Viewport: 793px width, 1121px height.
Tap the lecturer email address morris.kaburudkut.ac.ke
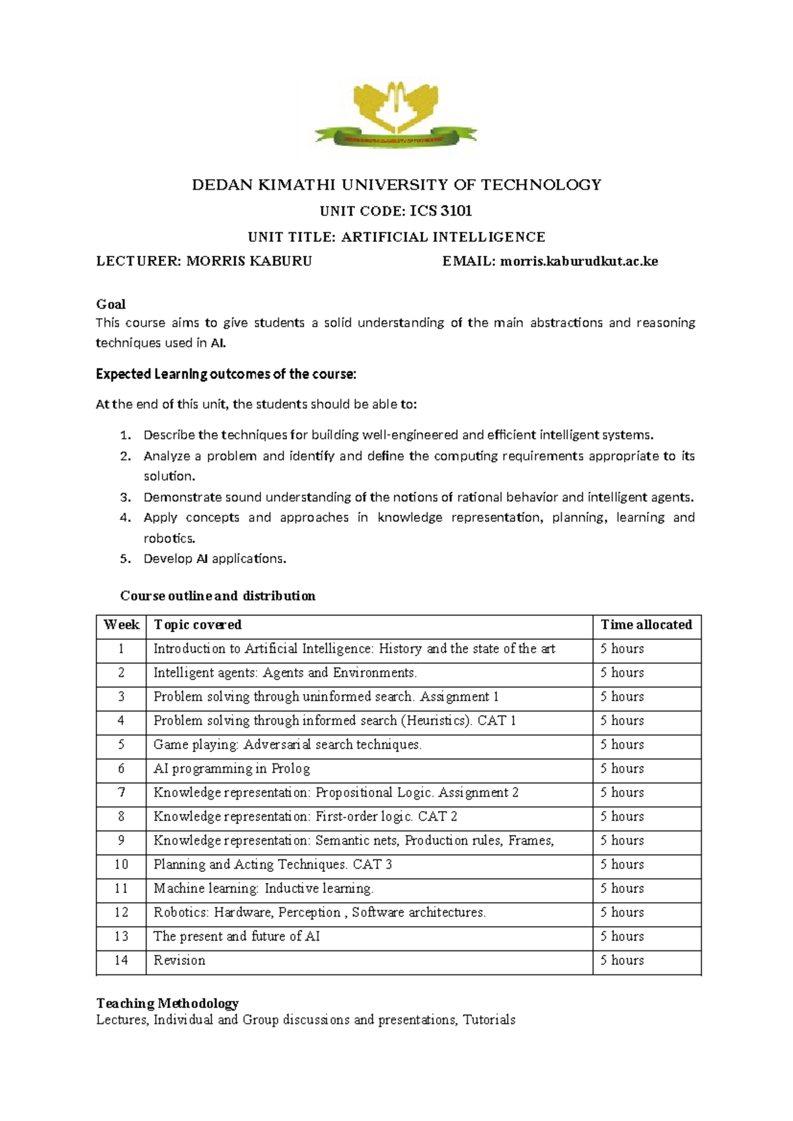tap(579, 261)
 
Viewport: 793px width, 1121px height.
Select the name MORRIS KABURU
tap(249, 261)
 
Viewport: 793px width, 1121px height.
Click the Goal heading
tap(110, 304)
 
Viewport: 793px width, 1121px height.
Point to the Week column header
tap(121, 625)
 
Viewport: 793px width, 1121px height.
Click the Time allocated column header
tap(646, 625)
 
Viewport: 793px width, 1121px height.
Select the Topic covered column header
tap(197, 625)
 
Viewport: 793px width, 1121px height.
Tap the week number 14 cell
tap(121, 960)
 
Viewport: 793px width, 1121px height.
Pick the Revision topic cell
tap(179, 960)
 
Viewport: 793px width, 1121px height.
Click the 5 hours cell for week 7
tap(621, 792)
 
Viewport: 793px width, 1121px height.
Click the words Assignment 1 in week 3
tap(459, 697)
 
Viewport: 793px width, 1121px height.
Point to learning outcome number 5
tap(215, 559)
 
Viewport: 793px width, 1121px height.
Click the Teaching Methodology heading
tap(167, 1003)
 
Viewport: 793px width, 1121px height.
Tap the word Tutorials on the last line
tap(489, 1020)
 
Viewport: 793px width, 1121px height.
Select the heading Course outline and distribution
tap(217, 596)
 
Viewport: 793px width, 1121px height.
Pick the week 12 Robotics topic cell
tap(319, 913)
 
